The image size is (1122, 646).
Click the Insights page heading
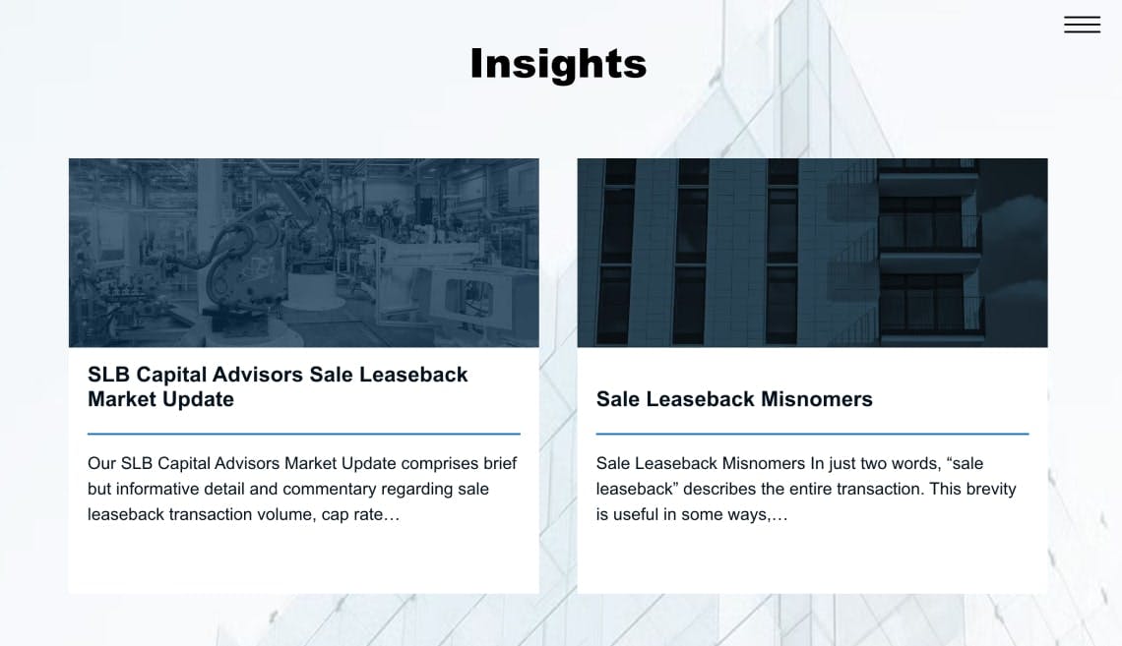pos(558,64)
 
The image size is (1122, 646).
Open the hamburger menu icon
pos(1082,25)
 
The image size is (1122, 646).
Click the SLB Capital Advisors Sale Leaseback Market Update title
pos(278,386)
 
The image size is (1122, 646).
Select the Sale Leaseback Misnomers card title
pos(734,399)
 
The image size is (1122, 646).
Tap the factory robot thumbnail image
pos(303,253)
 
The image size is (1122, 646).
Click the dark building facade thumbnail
pos(812,253)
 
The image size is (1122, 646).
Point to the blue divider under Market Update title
pos(303,434)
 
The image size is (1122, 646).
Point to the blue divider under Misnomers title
pos(812,434)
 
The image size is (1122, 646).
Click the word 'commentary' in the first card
pos(327,489)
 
